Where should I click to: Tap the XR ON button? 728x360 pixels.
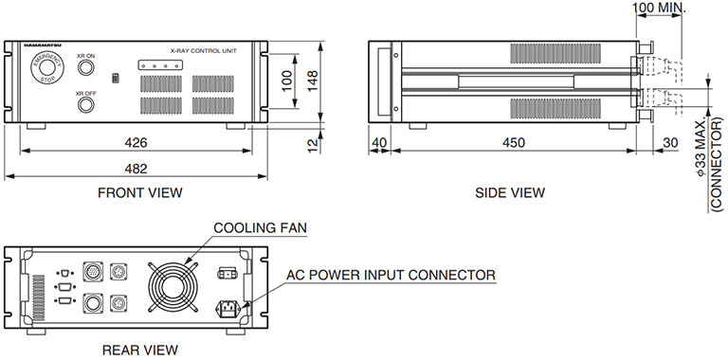(x=86, y=71)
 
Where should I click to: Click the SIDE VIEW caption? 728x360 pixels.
(x=510, y=192)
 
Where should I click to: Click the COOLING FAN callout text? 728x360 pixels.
(x=260, y=227)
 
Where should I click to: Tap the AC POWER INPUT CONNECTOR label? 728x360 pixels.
(x=391, y=275)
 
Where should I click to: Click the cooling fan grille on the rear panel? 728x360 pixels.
(x=174, y=284)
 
